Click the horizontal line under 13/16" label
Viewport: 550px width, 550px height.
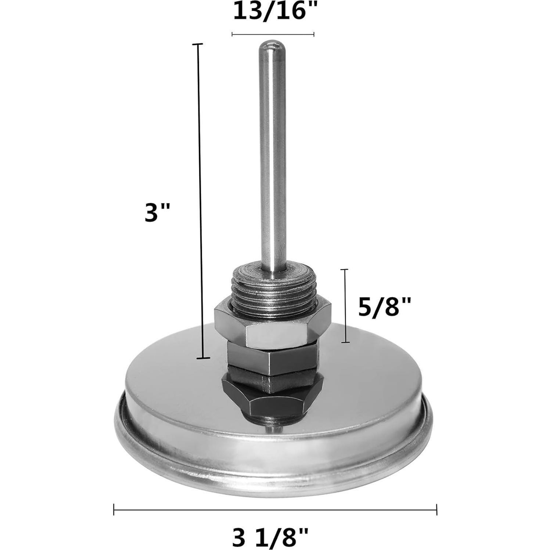tap(273, 34)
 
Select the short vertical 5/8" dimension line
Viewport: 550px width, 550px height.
tap(345, 306)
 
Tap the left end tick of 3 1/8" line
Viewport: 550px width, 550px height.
tap(114, 510)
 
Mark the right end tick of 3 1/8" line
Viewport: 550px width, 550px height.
tap(436, 510)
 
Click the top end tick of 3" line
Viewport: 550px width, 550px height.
tap(198, 44)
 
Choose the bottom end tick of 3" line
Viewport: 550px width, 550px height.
tap(203, 358)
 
